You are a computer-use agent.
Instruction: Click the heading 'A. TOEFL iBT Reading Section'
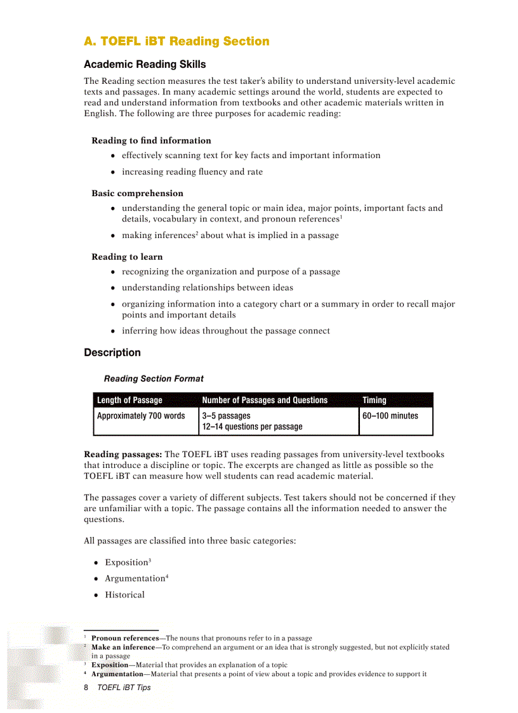(x=176, y=41)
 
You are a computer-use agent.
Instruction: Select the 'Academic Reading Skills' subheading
(x=145, y=65)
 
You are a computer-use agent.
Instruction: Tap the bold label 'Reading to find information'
(x=151, y=140)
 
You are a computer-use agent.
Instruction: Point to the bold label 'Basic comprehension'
(x=137, y=193)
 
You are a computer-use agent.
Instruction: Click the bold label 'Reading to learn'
(x=127, y=257)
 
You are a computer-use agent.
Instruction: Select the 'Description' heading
(x=112, y=352)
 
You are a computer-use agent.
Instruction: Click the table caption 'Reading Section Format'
(x=154, y=378)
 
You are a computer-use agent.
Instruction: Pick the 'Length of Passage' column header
(x=129, y=400)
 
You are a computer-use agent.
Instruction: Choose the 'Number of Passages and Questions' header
(x=265, y=400)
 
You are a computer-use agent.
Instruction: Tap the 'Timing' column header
(x=375, y=400)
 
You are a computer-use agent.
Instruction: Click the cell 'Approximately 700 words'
(x=141, y=416)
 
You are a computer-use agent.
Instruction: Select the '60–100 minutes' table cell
(x=390, y=416)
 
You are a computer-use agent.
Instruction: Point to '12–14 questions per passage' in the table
(x=252, y=427)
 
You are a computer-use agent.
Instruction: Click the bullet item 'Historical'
(x=124, y=595)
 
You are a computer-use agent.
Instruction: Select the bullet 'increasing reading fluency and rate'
(x=192, y=171)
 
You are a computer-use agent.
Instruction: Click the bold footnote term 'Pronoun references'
(x=125, y=638)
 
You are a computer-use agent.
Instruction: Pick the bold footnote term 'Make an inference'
(x=123, y=647)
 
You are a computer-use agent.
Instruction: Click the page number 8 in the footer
(x=86, y=687)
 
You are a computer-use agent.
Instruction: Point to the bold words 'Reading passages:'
(x=123, y=454)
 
